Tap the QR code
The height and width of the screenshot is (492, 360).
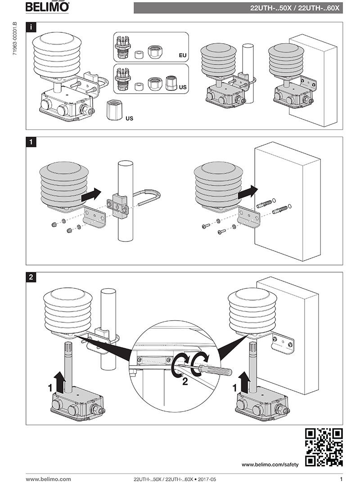pyautogui.click(x=324, y=447)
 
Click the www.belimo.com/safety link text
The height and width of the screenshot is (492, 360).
pyautogui.click(x=270, y=465)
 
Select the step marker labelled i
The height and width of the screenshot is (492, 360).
pyautogui.click(x=31, y=27)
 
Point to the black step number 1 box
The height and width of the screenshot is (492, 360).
pyautogui.click(x=31, y=142)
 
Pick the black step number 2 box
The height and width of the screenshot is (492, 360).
pyautogui.click(x=31, y=277)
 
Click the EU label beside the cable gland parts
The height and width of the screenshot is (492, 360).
pyautogui.click(x=182, y=55)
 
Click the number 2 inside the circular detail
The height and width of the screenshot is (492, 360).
pyautogui.click(x=184, y=383)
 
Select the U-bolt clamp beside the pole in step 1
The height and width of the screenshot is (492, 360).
pyautogui.click(x=146, y=198)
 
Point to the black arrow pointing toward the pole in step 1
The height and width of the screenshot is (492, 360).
pyautogui.click(x=91, y=195)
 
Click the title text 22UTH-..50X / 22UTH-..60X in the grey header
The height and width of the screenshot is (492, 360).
pyautogui.click(x=295, y=8)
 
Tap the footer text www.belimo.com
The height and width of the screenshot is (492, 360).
pyautogui.click(x=48, y=479)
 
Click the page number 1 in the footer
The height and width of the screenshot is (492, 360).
pyautogui.click(x=341, y=479)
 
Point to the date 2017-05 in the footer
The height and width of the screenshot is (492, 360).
pyautogui.click(x=207, y=479)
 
